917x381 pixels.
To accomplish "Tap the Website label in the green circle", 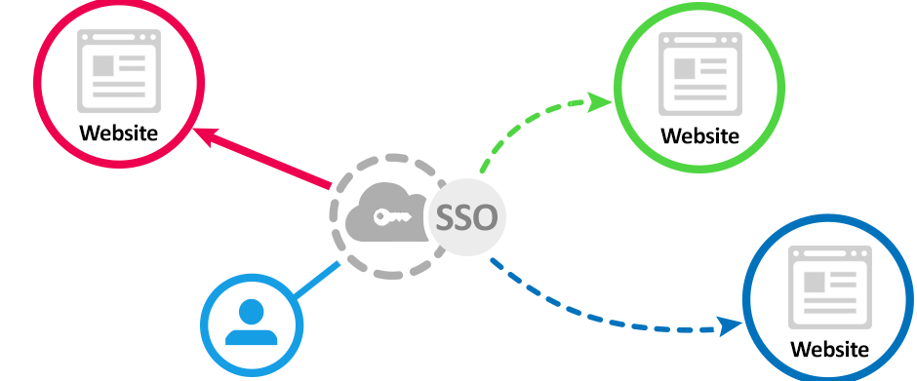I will [x=699, y=136].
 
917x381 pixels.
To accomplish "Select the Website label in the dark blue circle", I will [x=829, y=349].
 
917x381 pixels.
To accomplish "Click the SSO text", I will [x=466, y=218].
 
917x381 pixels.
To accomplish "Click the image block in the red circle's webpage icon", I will [x=102, y=67].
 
